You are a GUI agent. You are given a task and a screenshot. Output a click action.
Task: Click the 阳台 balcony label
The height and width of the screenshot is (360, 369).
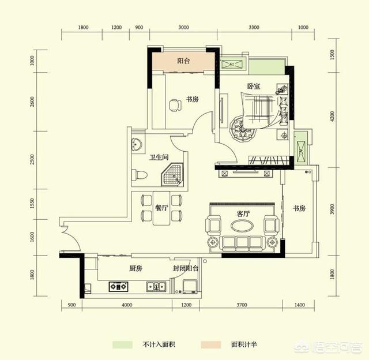click(x=184, y=61)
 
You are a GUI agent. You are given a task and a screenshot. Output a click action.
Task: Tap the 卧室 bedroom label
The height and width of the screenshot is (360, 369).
click(x=254, y=86)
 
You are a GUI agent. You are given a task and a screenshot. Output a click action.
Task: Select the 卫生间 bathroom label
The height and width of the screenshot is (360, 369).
click(x=159, y=157)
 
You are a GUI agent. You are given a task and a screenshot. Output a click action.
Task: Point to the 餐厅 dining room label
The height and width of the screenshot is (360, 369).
click(x=161, y=208)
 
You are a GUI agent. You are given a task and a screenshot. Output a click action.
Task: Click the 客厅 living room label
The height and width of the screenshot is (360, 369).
click(x=243, y=213)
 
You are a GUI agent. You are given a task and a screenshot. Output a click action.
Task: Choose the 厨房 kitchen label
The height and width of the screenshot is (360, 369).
click(x=136, y=268)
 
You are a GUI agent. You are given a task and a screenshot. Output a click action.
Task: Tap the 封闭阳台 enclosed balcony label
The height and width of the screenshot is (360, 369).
click(x=185, y=268)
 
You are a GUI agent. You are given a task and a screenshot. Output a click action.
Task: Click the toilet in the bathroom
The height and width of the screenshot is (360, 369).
click(x=141, y=175)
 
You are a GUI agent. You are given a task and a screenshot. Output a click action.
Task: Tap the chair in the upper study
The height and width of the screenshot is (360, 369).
click(x=174, y=106)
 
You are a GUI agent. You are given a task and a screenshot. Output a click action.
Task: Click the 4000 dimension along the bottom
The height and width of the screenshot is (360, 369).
click(x=127, y=305)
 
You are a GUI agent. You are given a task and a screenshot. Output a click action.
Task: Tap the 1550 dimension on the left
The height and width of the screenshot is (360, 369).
click(x=32, y=204)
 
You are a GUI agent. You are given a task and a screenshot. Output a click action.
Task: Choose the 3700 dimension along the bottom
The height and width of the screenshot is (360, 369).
click(x=242, y=305)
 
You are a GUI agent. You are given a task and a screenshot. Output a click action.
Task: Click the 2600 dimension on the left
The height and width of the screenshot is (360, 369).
click(x=32, y=102)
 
